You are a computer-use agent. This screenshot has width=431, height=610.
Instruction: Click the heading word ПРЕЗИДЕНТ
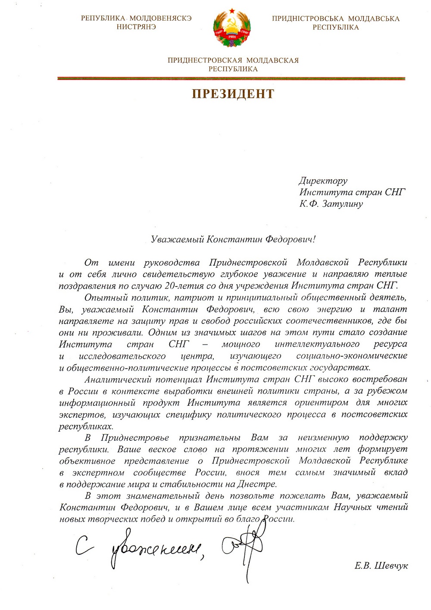point(233,94)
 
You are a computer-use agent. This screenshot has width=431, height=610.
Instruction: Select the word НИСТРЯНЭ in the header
point(136,27)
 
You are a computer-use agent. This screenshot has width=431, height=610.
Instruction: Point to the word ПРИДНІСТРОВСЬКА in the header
point(308,19)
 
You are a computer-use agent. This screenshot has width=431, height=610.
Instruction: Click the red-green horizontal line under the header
point(231,78)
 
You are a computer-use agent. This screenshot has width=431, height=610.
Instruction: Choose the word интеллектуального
point(317,344)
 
